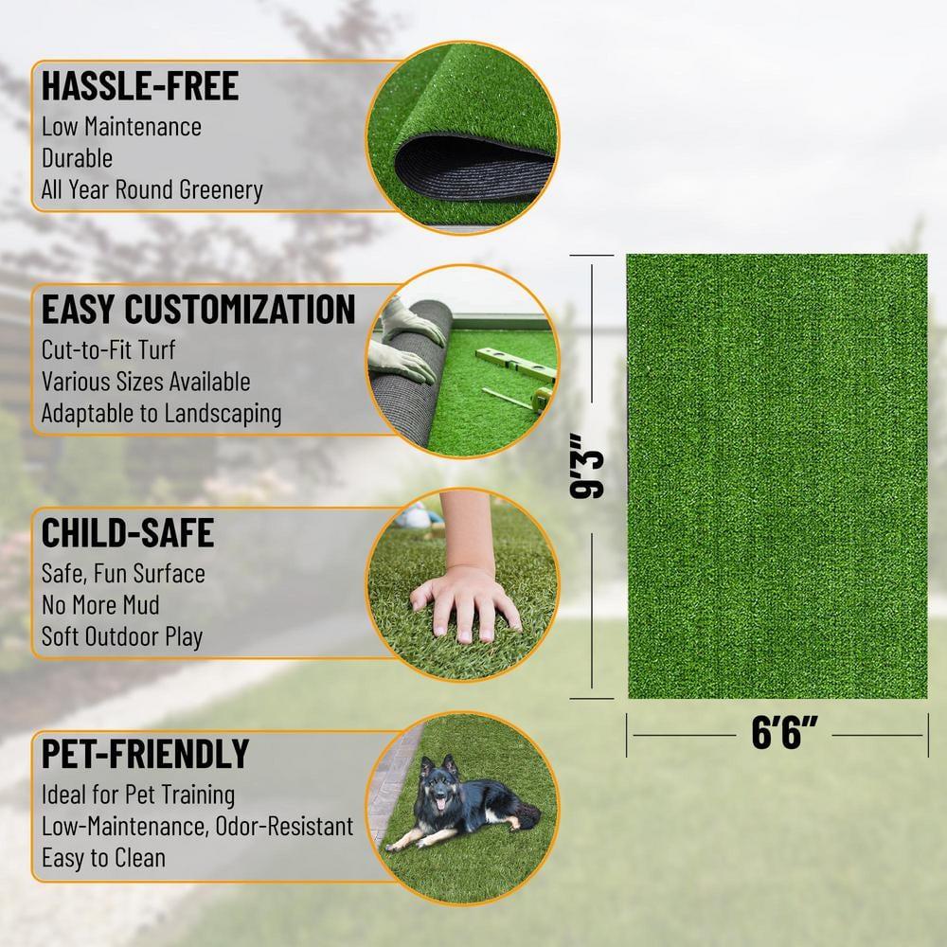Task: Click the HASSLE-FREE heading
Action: tap(140, 85)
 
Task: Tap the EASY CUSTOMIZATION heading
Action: tap(198, 309)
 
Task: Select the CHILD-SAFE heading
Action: tap(127, 532)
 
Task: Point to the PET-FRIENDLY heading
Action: tap(145, 754)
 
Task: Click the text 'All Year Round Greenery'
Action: tap(152, 189)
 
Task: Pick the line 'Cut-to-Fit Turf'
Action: tap(109, 349)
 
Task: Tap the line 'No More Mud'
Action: tap(100, 604)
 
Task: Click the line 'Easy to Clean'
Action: tap(103, 858)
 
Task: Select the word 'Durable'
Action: tap(77, 158)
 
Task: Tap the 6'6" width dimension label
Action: tap(783, 735)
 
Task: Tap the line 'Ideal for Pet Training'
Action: tap(138, 795)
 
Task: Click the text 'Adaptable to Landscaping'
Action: tap(161, 413)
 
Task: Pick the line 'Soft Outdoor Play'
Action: tap(122, 636)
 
